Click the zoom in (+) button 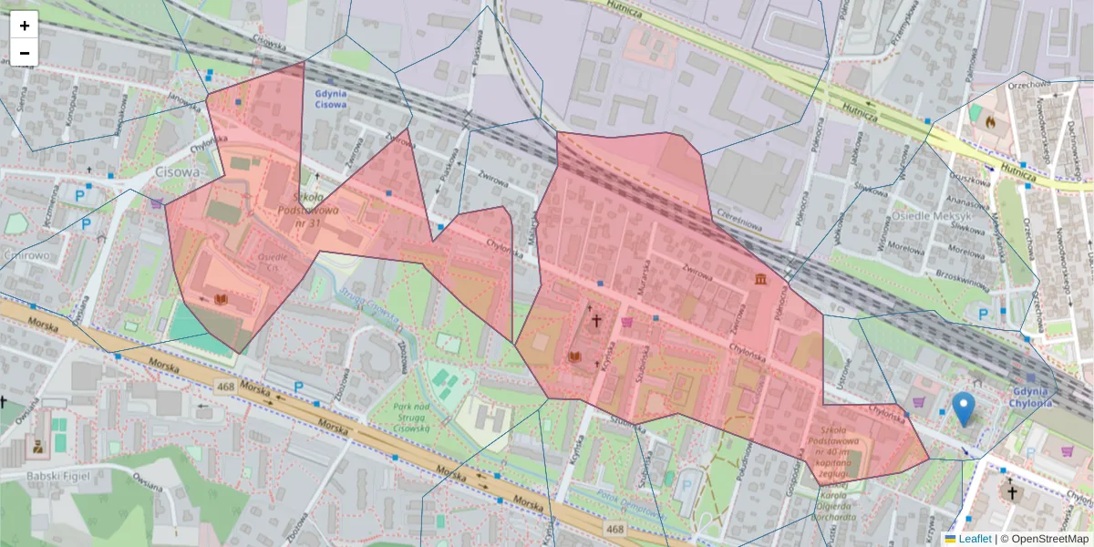25,26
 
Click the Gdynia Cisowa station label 329,98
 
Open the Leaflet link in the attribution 975,539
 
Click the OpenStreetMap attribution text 1045,539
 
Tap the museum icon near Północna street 760,278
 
